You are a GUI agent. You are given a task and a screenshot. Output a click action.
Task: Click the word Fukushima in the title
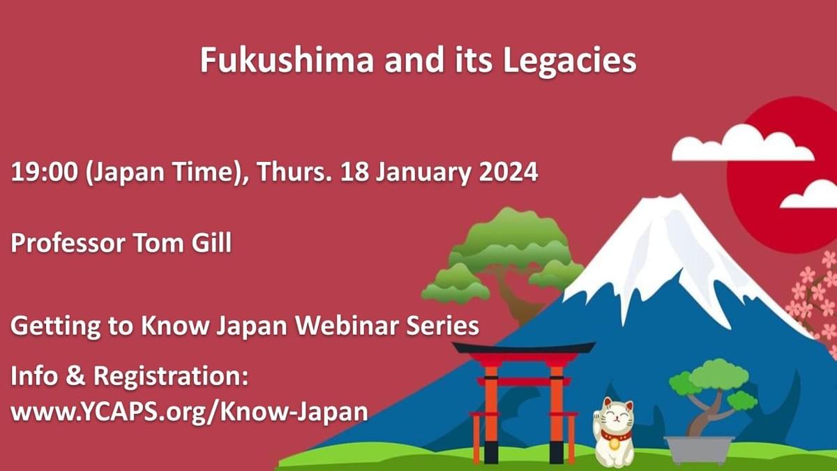[x=287, y=60]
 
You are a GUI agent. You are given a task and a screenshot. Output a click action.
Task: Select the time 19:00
[x=45, y=172]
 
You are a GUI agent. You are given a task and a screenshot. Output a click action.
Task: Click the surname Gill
[x=211, y=243]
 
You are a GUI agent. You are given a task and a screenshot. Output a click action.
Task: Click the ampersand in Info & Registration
[x=76, y=376]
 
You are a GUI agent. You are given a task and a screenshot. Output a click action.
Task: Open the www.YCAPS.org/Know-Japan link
[x=190, y=412]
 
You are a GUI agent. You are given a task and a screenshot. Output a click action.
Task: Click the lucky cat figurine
[x=613, y=432]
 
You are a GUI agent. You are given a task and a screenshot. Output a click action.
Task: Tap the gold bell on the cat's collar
[x=614, y=443]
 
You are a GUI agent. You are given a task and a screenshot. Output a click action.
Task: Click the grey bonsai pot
[x=699, y=449]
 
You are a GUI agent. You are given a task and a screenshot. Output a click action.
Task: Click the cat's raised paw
[x=597, y=417]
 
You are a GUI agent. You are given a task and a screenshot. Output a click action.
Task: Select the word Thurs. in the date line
[x=294, y=172]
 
